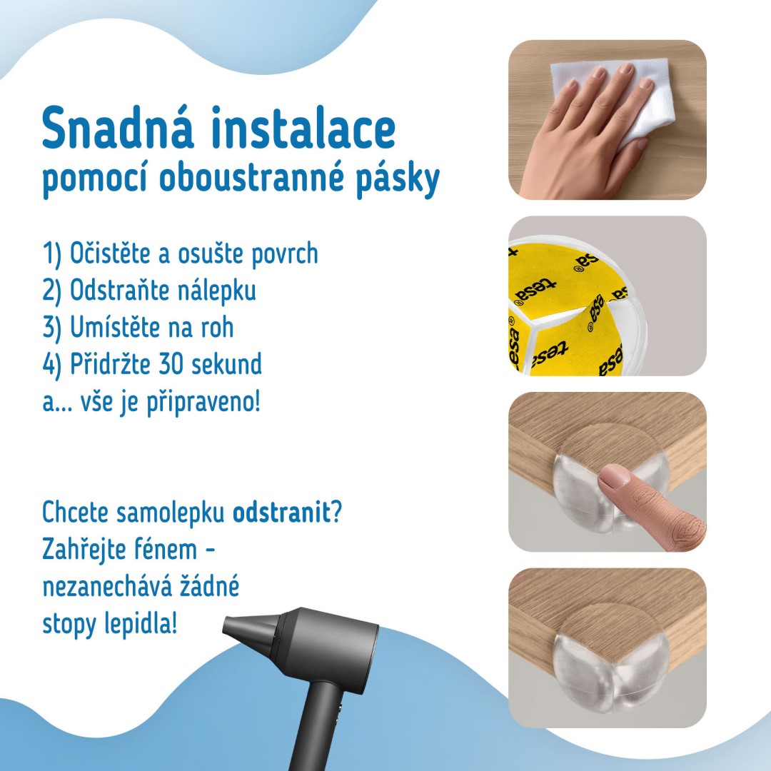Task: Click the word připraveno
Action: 203,403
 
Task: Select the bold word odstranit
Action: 281,513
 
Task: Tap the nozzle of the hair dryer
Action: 248,630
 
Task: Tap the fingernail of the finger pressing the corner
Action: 614,478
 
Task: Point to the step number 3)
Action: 52,328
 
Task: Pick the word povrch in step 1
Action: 284,254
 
